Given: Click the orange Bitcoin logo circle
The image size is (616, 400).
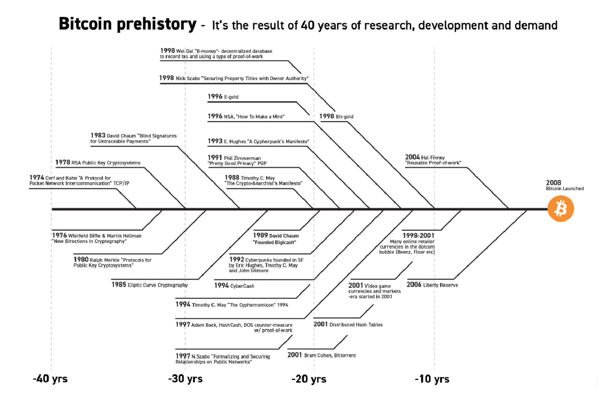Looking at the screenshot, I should click(x=561, y=209).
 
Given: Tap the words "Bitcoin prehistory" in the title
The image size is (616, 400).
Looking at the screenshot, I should click(x=128, y=24).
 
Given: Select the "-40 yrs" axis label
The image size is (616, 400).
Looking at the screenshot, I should click(x=50, y=379).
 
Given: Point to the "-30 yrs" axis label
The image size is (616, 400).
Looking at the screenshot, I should click(x=185, y=379).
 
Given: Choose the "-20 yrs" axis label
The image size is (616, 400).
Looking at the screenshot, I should click(x=309, y=379).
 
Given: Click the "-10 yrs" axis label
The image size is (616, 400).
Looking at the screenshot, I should click(x=432, y=379).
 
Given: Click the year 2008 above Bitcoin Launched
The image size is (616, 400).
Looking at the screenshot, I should click(x=553, y=183).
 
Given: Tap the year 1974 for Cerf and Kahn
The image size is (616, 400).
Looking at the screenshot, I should click(x=36, y=177).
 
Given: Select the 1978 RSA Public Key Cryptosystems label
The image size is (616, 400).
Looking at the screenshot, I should click(x=98, y=162).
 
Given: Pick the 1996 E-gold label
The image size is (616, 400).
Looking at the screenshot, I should click(x=223, y=96).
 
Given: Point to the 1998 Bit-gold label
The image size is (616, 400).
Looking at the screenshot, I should click(x=336, y=116).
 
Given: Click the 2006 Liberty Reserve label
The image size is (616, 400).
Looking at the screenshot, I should click(x=432, y=285).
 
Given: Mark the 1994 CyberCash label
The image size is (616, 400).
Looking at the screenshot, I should click(x=234, y=285).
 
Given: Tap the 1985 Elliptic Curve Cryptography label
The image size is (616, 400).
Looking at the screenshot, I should click(x=150, y=285).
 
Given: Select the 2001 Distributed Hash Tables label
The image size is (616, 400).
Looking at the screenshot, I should click(x=348, y=324).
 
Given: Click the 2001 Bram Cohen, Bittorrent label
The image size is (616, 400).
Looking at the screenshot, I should click(x=322, y=355).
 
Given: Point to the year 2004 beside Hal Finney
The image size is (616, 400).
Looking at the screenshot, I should click(x=412, y=157).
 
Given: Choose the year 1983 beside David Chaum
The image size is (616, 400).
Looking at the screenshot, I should click(x=98, y=135).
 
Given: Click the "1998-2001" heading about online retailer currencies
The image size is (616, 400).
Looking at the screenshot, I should click(x=418, y=235).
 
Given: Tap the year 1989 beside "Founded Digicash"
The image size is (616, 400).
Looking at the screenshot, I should click(x=260, y=235).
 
